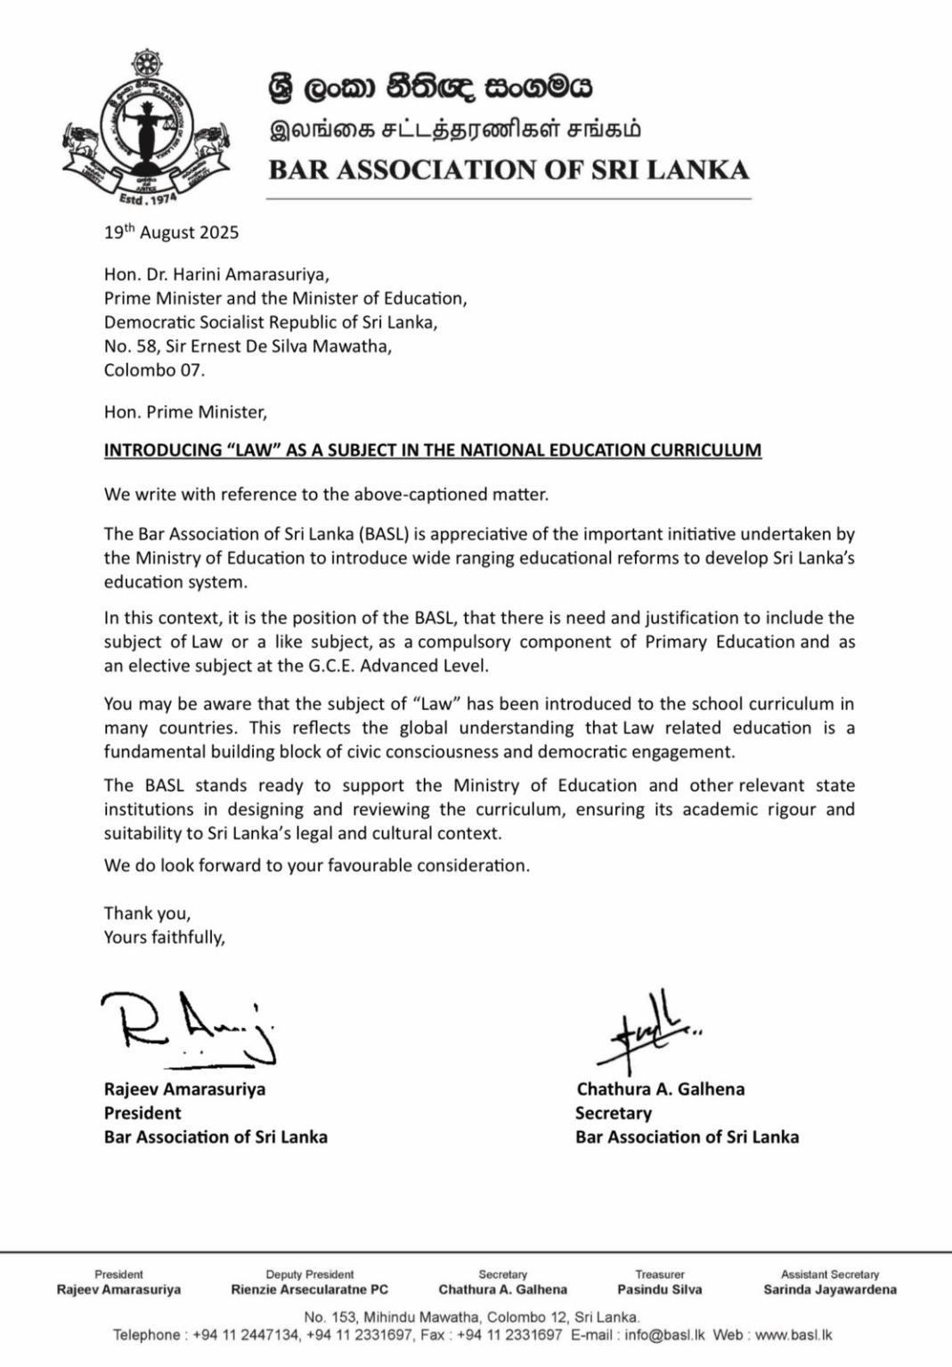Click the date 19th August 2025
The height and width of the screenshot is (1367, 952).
click(171, 232)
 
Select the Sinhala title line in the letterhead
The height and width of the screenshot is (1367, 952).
click(430, 89)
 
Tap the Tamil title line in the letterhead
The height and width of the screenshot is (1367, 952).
click(455, 130)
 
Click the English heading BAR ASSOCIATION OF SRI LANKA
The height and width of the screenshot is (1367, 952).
click(509, 170)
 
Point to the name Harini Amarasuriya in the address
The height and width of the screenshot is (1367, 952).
click(244, 274)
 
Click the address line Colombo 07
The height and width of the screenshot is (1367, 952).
click(154, 370)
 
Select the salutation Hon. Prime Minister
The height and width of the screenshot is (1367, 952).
click(185, 412)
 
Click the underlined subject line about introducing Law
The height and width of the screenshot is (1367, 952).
click(433, 449)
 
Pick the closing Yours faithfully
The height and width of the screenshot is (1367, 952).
click(165, 936)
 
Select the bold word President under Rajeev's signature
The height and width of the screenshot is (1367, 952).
click(142, 1112)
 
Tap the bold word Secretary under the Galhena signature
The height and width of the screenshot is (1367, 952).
click(614, 1112)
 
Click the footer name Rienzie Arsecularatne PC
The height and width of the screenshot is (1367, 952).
click(309, 1290)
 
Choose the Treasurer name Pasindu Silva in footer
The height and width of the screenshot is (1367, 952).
click(659, 1290)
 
